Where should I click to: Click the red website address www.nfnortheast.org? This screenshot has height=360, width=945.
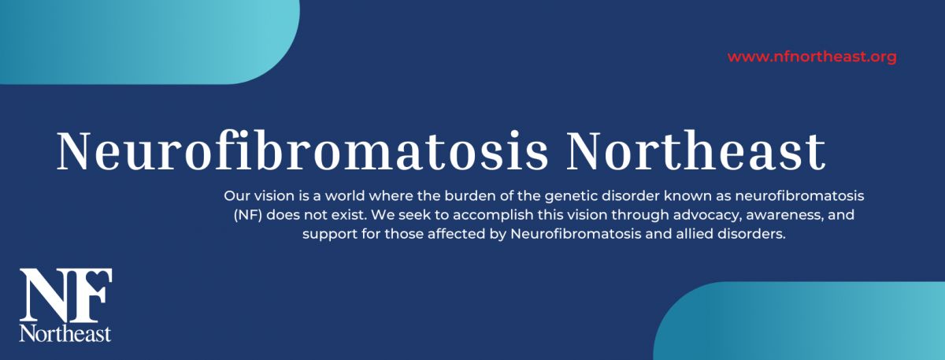point(812,57)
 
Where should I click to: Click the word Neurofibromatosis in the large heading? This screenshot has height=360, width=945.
point(302,151)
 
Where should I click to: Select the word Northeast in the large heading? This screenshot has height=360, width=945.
point(695,151)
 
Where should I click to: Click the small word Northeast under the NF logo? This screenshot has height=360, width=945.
point(65,333)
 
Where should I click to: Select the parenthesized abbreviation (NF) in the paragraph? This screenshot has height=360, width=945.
point(248,215)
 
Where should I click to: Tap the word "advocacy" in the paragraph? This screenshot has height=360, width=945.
point(707,216)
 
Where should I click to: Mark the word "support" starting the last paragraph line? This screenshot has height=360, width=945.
point(330,235)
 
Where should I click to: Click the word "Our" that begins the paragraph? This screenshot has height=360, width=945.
point(237,196)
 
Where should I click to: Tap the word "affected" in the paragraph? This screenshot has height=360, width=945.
point(457,234)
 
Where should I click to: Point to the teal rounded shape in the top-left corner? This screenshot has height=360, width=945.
point(150,43)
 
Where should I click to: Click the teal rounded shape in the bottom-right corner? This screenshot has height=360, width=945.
point(799,321)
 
